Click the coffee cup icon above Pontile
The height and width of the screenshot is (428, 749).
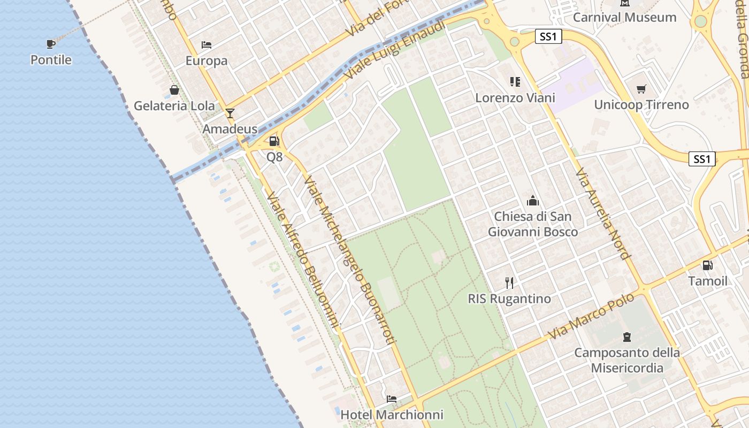tap(51, 44)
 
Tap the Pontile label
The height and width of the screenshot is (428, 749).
tap(51, 59)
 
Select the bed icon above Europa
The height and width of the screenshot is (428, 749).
tap(207, 45)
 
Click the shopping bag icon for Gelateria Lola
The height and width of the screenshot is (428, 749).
tap(174, 90)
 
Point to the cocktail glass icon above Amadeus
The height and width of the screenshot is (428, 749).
tap(230, 113)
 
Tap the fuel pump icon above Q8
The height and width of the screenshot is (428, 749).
tap(274, 141)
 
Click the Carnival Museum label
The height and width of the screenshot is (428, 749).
tap(624, 17)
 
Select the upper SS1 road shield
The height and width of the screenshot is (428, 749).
tap(549, 36)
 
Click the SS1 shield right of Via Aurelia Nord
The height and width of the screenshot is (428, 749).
tap(702, 158)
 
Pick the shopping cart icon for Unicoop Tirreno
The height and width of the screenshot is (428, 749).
tap(641, 89)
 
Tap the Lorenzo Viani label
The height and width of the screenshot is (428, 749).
tap(515, 98)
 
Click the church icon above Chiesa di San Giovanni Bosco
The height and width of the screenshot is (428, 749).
tap(533, 201)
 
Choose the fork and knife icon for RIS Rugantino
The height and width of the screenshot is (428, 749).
tap(509, 282)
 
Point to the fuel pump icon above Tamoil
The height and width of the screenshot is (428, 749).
tap(708, 265)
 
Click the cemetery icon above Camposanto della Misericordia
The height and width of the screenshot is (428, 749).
tap(627, 337)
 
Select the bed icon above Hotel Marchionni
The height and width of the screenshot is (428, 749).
tap(392, 399)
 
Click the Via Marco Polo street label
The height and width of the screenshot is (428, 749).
tap(592, 315)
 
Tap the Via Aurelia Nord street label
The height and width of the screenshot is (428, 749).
tap(602, 213)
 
